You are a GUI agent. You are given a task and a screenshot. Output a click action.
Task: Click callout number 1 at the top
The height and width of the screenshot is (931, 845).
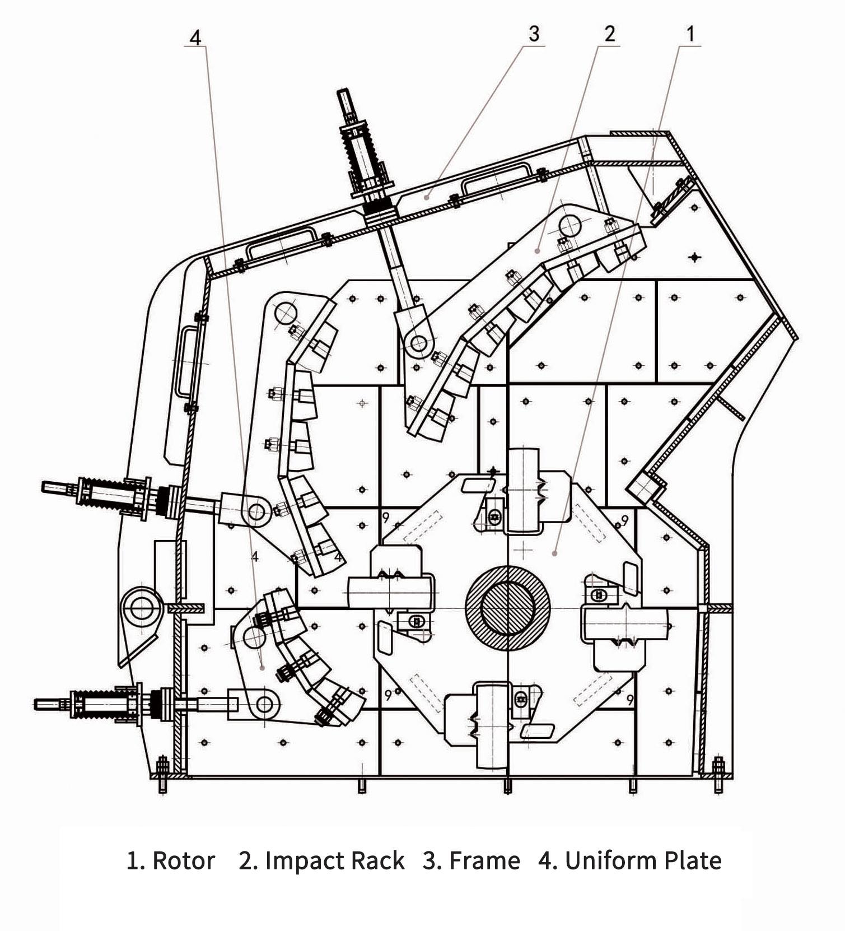point(690,34)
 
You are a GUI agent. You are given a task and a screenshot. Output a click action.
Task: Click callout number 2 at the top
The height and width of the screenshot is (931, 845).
point(609,34)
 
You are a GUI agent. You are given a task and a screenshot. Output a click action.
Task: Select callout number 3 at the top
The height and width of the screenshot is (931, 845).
point(534,34)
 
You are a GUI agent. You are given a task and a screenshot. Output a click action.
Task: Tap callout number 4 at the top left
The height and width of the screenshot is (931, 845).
point(194,38)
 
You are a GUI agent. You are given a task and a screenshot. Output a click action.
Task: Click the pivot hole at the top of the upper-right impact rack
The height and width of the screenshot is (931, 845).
point(569,226)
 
